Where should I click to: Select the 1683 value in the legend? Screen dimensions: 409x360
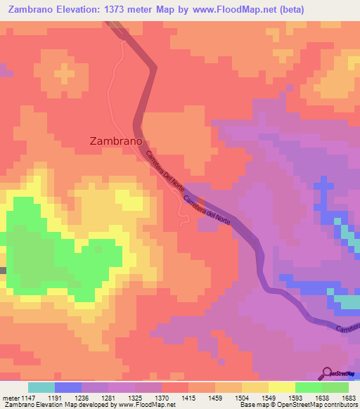(348, 397)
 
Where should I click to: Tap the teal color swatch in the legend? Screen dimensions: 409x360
(41, 387)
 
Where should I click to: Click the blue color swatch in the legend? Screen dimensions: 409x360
(67, 387)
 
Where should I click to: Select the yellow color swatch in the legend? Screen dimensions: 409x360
(281, 387)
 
